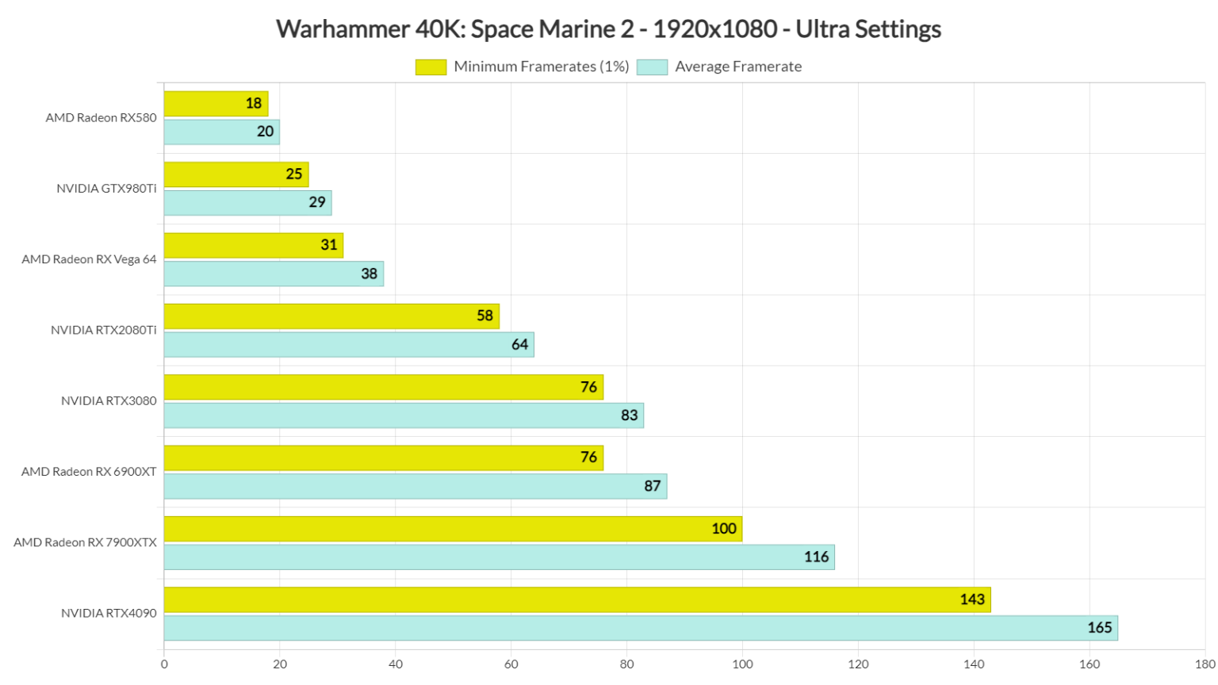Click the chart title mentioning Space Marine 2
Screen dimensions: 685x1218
point(608,29)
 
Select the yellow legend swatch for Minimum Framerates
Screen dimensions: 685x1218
point(431,67)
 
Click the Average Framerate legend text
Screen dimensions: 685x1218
point(737,67)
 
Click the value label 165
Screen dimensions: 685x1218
point(1099,628)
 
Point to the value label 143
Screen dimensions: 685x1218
point(971,599)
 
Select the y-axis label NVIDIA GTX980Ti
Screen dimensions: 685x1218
point(106,189)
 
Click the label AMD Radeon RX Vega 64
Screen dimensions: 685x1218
point(89,259)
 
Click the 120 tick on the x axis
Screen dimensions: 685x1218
point(858,664)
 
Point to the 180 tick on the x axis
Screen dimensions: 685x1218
point(1205,664)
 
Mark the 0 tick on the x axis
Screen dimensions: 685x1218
point(164,664)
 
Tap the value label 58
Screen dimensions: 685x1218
point(485,316)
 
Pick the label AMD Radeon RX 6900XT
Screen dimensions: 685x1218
point(89,472)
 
